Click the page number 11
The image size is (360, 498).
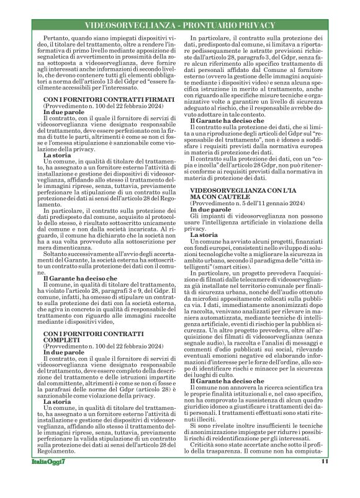pyautogui.click(x=325, y=479)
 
